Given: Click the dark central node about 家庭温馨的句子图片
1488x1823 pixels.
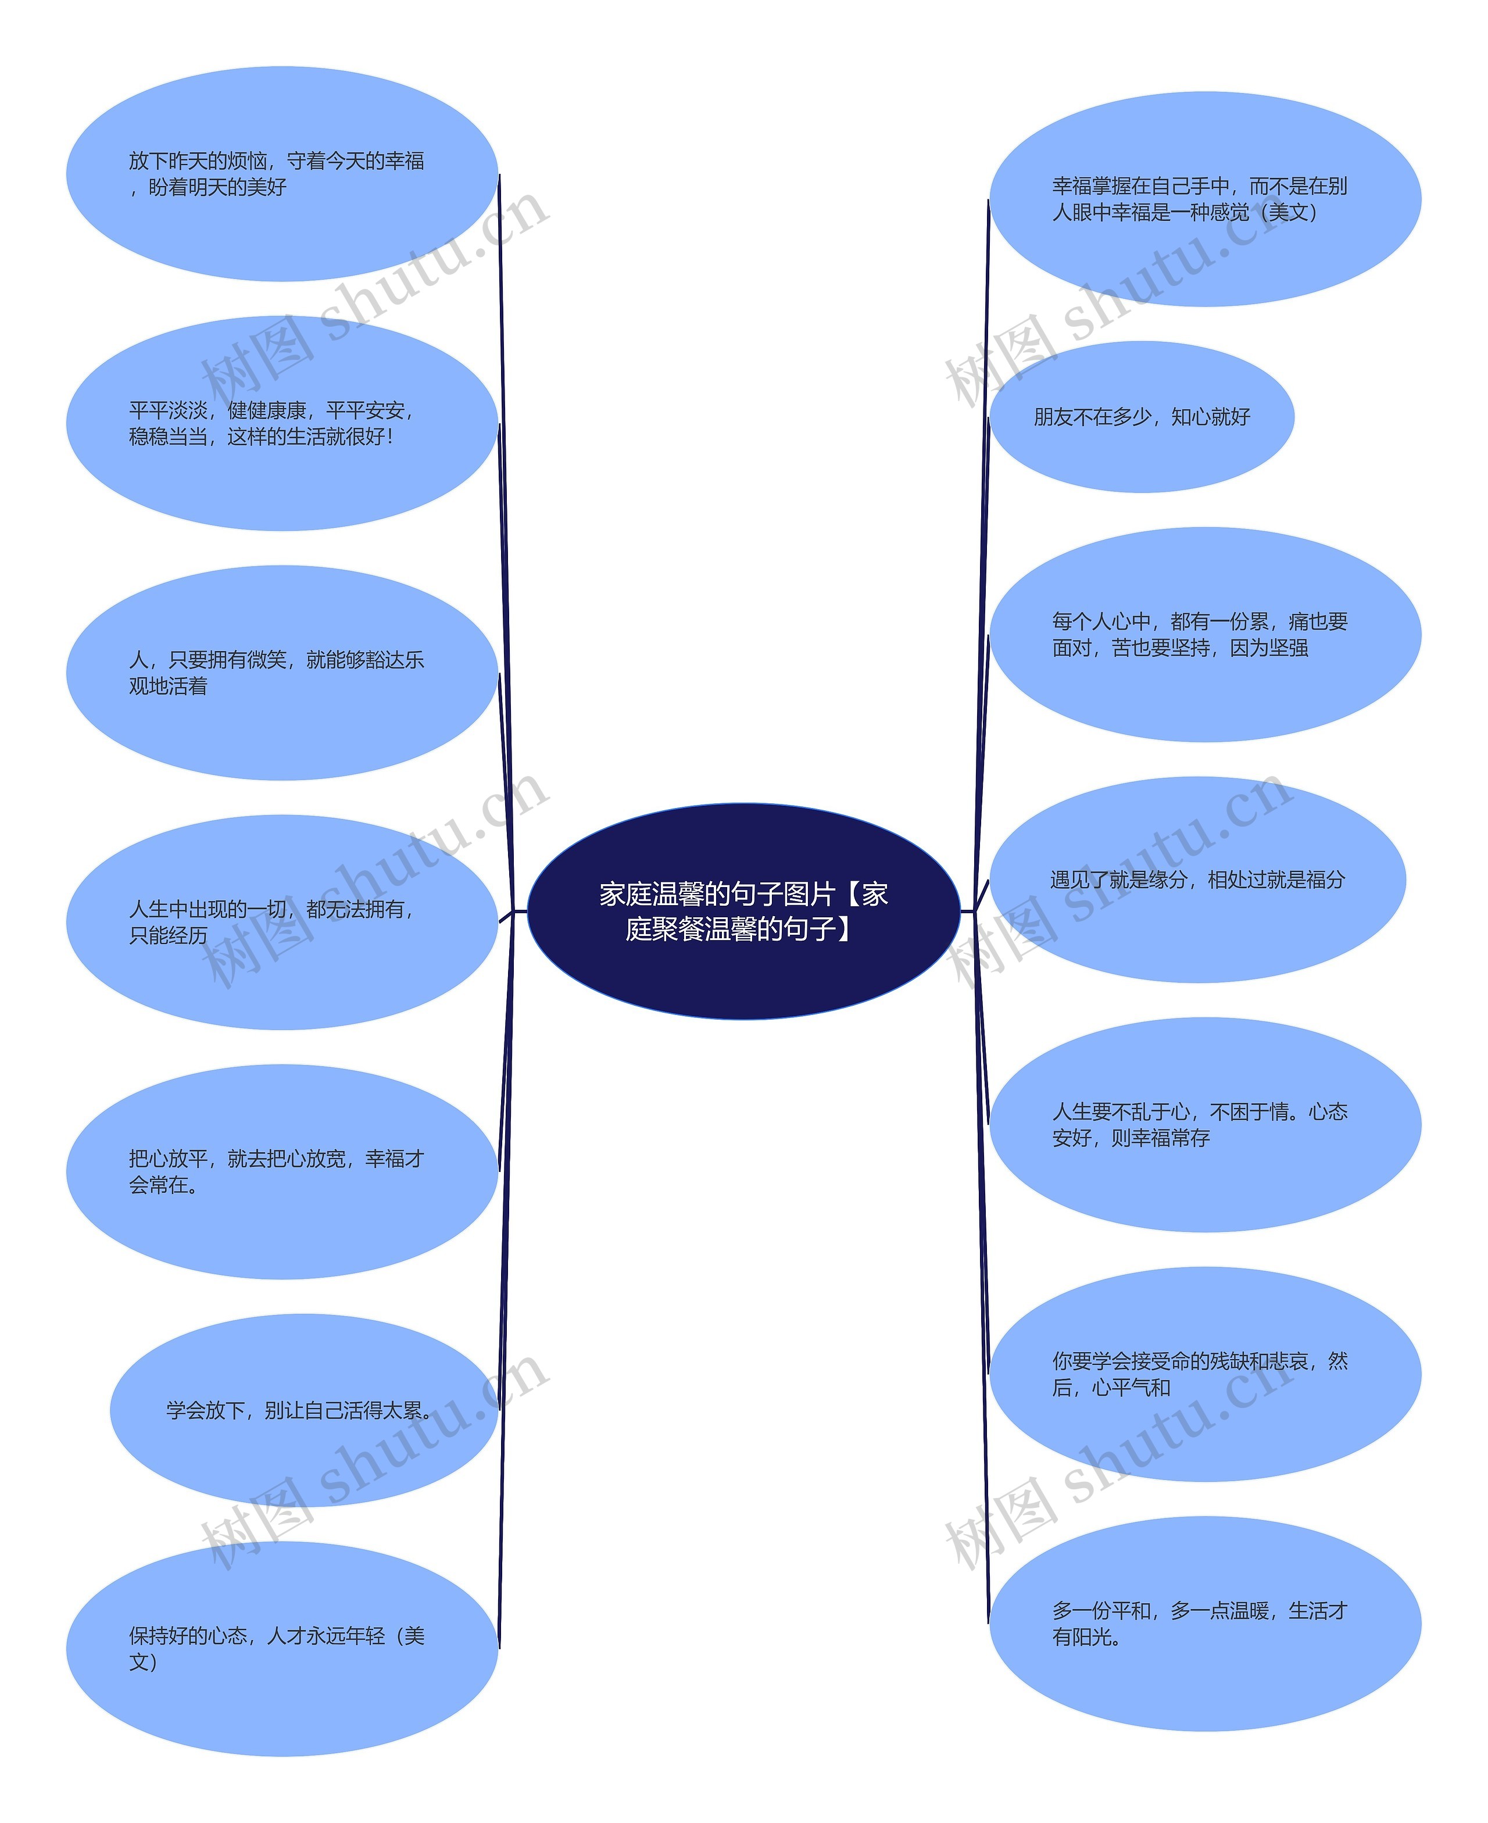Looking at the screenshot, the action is [x=743, y=910].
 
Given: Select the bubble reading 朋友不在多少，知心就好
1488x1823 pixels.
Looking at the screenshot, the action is [x=1141, y=417].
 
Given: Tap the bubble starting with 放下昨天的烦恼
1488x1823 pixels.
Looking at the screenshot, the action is [x=282, y=174].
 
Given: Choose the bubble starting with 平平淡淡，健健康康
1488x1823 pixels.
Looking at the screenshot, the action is [x=282, y=423].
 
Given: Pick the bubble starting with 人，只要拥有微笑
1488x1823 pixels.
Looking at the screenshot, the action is [x=282, y=673].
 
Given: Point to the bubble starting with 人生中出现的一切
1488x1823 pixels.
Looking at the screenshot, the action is [x=282, y=922].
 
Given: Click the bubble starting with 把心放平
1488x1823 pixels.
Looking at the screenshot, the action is [x=282, y=1171].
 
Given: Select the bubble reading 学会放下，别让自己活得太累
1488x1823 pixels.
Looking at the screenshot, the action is [x=303, y=1410].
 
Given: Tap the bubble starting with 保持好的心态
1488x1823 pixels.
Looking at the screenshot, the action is [x=282, y=1648].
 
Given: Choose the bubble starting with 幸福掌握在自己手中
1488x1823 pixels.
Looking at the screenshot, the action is [x=1204, y=199].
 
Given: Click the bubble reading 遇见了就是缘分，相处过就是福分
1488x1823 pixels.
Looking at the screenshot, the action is [x=1197, y=880].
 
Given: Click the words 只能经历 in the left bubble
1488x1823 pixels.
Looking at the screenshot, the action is [x=168, y=936].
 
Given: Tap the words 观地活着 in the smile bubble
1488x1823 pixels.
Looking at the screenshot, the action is [x=168, y=687].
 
